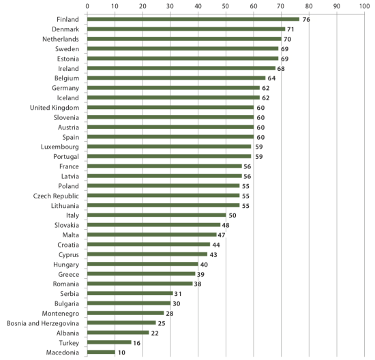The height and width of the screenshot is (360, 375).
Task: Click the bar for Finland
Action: (193, 19)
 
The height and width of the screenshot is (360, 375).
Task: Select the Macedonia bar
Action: (101, 352)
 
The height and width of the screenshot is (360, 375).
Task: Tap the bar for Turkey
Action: (109, 342)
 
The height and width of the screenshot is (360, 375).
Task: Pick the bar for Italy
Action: (157, 215)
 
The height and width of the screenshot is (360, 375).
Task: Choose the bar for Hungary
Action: (142, 264)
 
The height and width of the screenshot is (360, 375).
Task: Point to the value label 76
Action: (306, 20)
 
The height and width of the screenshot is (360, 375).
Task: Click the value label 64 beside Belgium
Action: (271, 78)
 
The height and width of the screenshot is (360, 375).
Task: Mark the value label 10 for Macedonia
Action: (121, 352)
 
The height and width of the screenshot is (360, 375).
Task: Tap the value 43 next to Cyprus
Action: (213, 255)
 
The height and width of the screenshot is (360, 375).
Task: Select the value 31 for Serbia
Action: (178, 294)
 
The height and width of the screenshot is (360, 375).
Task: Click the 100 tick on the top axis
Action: (365, 6)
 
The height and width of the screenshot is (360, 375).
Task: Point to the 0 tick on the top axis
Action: (87, 6)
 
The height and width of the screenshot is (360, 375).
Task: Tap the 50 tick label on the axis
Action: (226, 6)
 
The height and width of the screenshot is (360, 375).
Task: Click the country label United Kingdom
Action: (55, 108)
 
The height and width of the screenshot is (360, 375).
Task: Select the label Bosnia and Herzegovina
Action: (43, 323)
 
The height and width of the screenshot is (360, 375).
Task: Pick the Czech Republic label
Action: (56, 196)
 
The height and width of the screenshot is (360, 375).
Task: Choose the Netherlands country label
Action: (61, 39)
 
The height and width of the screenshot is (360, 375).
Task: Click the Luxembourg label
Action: (60, 147)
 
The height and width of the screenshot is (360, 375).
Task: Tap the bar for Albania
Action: (118, 333)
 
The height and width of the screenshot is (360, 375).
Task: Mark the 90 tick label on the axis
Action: (337, 6)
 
